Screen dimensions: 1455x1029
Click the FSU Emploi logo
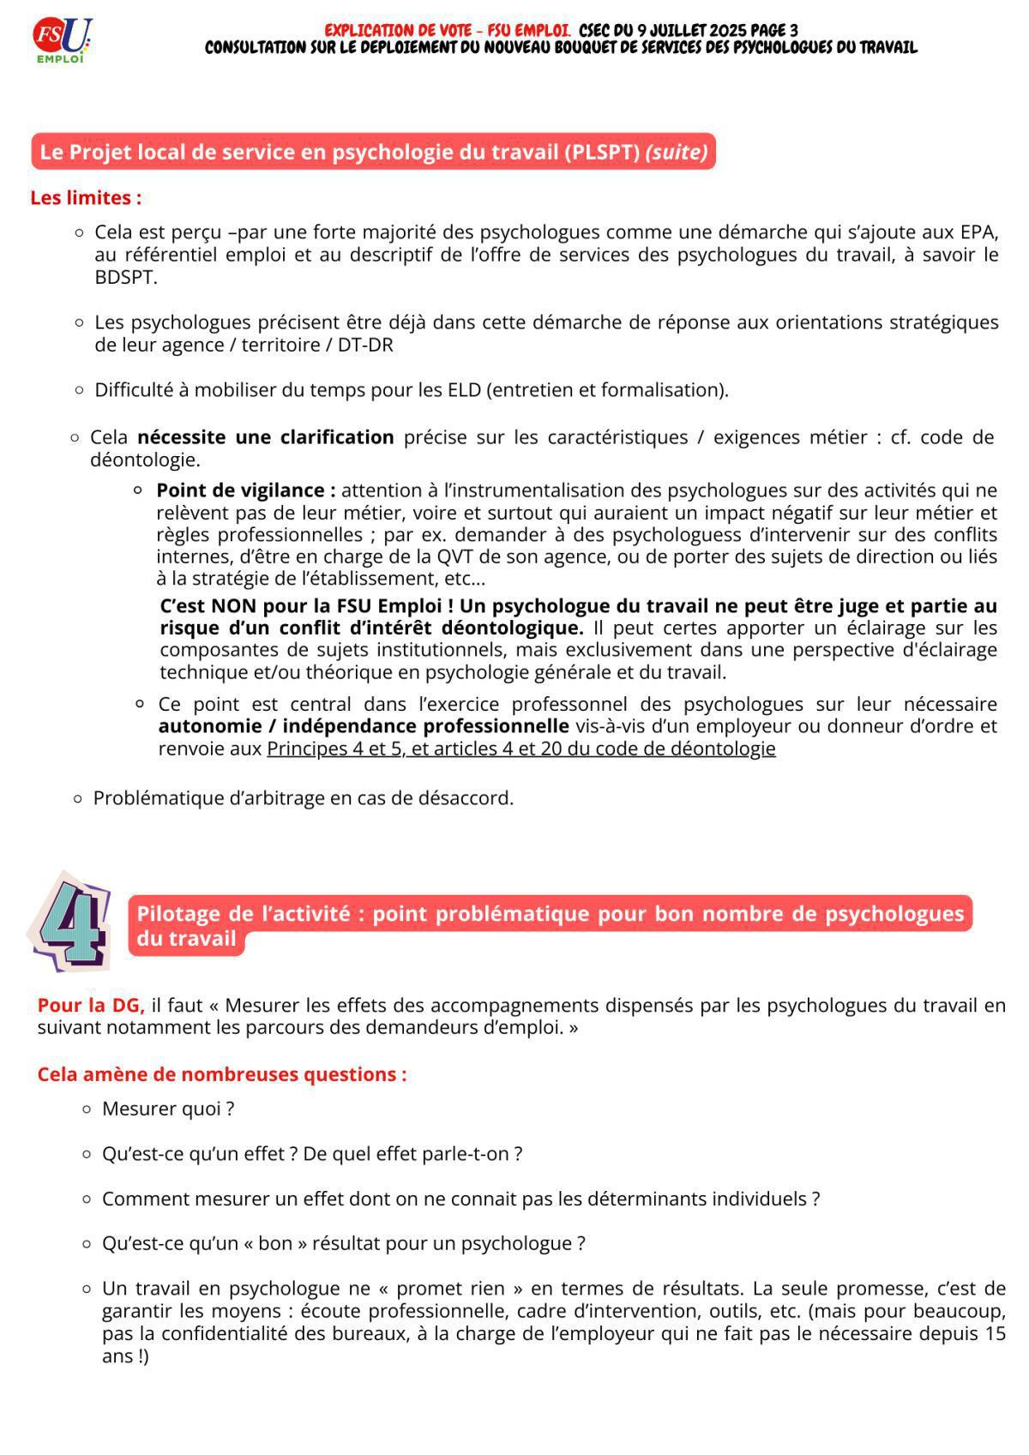[62, 40]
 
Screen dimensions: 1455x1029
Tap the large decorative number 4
[70, 923]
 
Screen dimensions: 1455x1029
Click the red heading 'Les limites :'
[86, 198]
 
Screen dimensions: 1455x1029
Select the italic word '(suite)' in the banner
[677, 152]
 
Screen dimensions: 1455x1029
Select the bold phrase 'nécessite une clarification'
[265, 437]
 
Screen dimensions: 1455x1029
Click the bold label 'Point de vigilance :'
[245, 490]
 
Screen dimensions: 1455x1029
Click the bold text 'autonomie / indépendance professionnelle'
[364, 726]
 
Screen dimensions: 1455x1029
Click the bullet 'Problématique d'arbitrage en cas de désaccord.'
[303, 798]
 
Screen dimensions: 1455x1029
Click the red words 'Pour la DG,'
[91, 1005]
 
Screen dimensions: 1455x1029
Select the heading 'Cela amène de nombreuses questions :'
[222, 1074]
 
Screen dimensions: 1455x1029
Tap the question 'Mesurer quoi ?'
[168, 1109]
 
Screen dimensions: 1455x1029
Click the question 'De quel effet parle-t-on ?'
[412, 1154]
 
